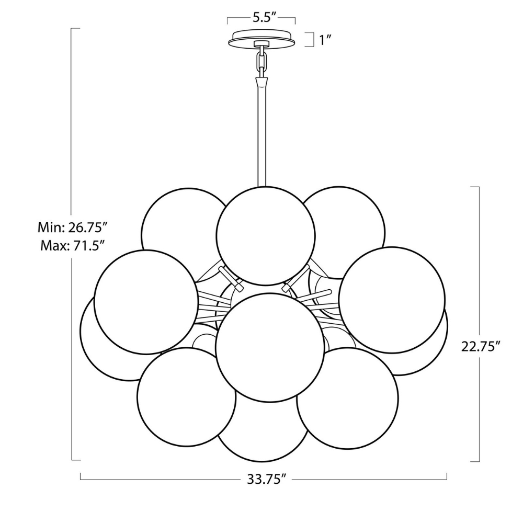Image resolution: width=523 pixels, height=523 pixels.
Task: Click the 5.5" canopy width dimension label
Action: click(x=261, y=17)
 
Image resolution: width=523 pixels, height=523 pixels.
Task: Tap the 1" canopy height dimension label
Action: click(x=326, y=40)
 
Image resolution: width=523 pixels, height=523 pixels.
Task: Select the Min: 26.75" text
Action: click(x=73, y=228)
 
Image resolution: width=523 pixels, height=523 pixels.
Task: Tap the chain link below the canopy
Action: click(x=261, y=61)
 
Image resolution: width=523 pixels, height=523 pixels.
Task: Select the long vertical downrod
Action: click(x=261, y=136)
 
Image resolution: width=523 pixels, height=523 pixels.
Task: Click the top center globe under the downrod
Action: click(x=266, y=235)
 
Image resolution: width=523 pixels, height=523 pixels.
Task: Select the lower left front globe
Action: click(x=187, y=397)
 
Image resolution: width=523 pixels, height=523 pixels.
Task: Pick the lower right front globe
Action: click(x=346, y=398)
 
